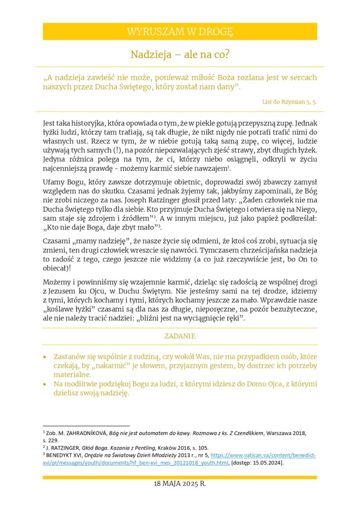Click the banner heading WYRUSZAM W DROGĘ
pyautogui.click(x=180, y=32)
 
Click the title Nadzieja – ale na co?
pyautogui.click(x=180, y=54)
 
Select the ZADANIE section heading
pyautogui.click(x=180, y=337)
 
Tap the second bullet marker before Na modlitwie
pyautogui.click(x=45, y=385)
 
